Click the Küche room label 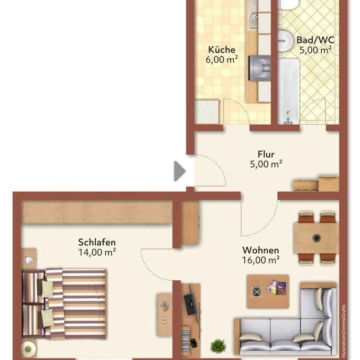(x=222, y=50)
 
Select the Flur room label (x=266, y=154)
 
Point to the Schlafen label (x=97, y=242)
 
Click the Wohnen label (x=260, y=250)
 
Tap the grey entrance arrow (x=179, y=171)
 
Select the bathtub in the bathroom (x=288, y=90)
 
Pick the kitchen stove (x=258, y=67)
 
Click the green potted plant (x=218, y=345)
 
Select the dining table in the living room (x=316, y=237)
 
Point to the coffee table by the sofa (x=268, y=290)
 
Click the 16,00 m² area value (x=260, y=259)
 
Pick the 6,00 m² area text (x=222, y=59)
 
